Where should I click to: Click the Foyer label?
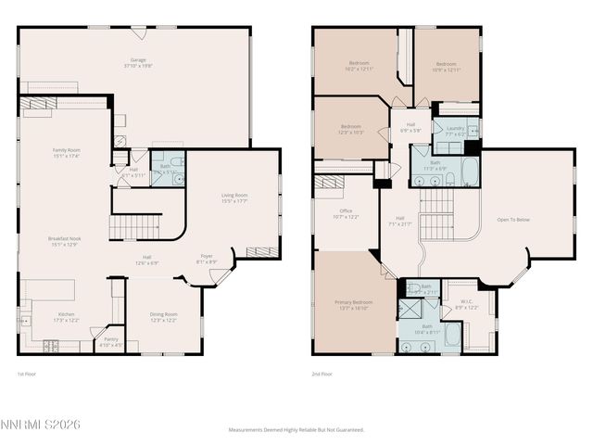tap(207, 259)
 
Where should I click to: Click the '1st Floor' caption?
tap(27, 374)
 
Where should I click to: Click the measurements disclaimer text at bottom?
tap(296, 430)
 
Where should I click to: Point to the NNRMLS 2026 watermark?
tap(41, 424)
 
